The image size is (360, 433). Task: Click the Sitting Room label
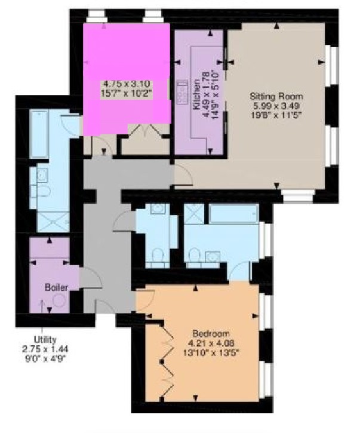[x=276, y=96]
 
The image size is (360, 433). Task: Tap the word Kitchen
[x=197, y=95]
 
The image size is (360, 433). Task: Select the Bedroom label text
[x=211, y=334]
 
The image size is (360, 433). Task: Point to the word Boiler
[x=56, y=287]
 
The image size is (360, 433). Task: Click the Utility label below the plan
[x=45, y=339]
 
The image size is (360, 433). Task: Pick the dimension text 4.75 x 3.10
[x=127, y=84]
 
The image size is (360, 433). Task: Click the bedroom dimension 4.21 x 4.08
[x=211, y=343]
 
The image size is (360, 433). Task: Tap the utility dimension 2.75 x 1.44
[x=45, y=349]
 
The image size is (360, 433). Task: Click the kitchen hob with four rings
[x=182, y=93]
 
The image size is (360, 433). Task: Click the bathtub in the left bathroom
[x=39, y=133]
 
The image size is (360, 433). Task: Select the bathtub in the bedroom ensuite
[x=234, y=213]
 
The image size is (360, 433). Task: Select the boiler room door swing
[x=92, y=278]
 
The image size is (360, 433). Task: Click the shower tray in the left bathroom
[x=53, y=222]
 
